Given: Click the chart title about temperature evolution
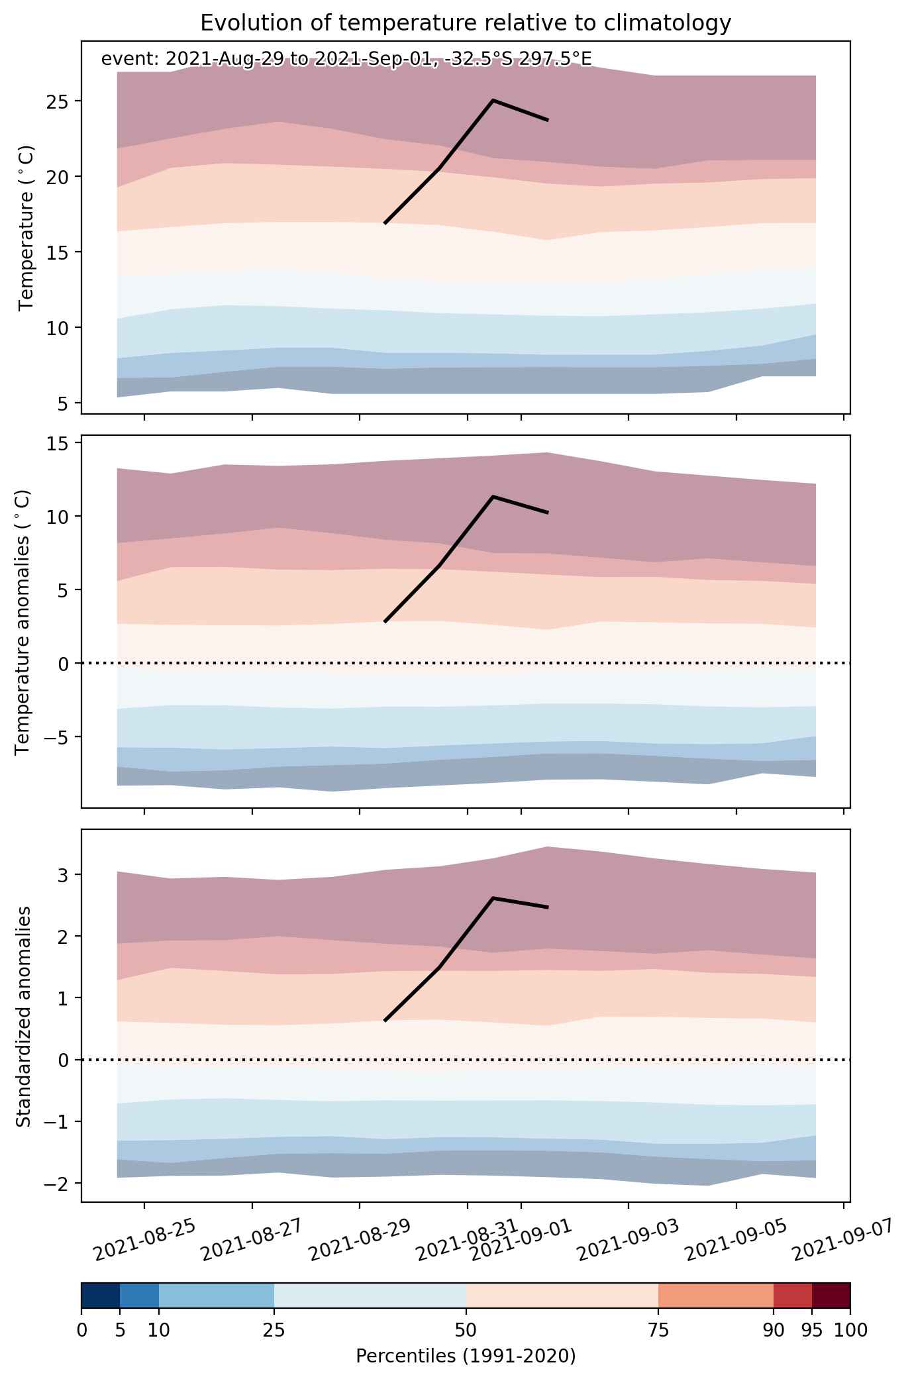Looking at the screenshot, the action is [466, 23].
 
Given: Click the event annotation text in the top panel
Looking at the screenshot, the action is [346, 59].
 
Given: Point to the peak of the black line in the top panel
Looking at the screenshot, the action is [493, 100].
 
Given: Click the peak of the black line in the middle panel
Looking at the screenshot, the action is [493, 496].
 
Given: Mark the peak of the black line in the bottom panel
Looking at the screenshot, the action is [493, 897].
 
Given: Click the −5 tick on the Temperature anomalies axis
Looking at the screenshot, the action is [55, 737].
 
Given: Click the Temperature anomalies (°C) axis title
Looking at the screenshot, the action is [23, 622].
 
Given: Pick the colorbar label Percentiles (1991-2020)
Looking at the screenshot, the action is [466, 1356].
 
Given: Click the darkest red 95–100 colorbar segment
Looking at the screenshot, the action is [831, 1296].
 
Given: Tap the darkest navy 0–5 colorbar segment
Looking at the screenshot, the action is [101, 1296].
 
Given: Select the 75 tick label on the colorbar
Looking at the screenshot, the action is [658, 1329].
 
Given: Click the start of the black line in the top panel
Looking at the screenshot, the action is [385, 223].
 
